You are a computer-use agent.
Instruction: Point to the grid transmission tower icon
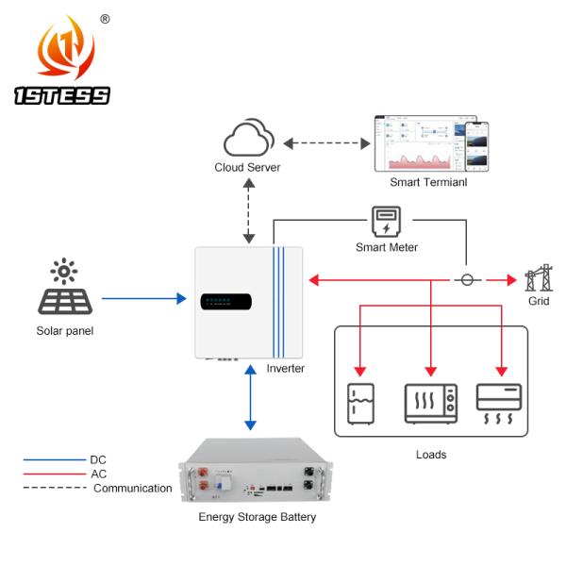537,279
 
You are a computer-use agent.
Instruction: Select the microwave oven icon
431,402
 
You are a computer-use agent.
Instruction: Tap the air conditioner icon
498,402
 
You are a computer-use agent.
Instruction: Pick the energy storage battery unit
257,473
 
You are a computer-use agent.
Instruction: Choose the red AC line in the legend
57,474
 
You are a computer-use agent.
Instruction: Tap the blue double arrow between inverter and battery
248,397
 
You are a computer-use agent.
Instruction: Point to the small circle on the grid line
465,280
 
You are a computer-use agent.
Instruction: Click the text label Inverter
285,368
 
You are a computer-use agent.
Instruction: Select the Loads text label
430,454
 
